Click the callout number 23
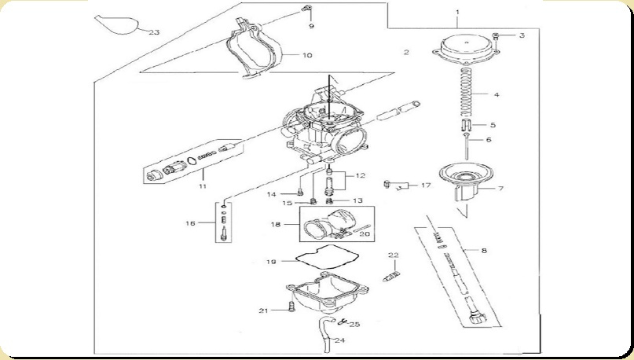pyautogui.click(x=154, y=32)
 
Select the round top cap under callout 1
pyautogui.click(x=466, y=50)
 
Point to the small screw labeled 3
pyautogui.click(x=497, y=36)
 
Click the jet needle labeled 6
pyautogui.click(x=467, y=145)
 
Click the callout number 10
pyautogui.click(x=307, y=55)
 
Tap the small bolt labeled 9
pyautogui.click(x=308, y=8)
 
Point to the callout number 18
pyautogui.click(x=275, y=224)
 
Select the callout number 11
pyautogui.click(x=203, y=186)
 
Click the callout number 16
pyautogui.click(x=190, y=223)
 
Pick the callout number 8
pyautogui.click(x=484, y=251)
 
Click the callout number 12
pyautogui.click(x=361, y=175)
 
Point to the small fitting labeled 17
pyautogui.click(x=387, y=185)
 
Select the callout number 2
pyautogui.click(x=406, y=52)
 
